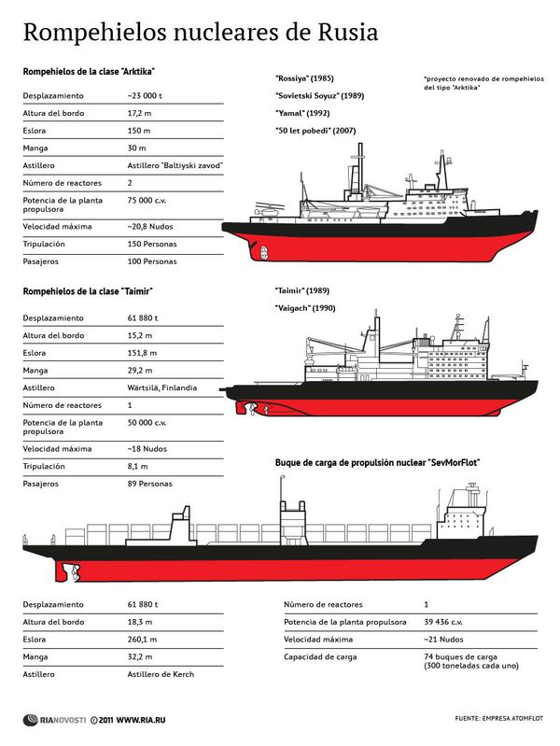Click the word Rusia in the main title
tap(343, 34)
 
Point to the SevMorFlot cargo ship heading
tap(377, 462)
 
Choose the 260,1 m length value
tap(143, 640)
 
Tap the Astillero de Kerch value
tap(161, 674)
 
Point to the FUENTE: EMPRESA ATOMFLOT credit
tap(498, 718)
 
